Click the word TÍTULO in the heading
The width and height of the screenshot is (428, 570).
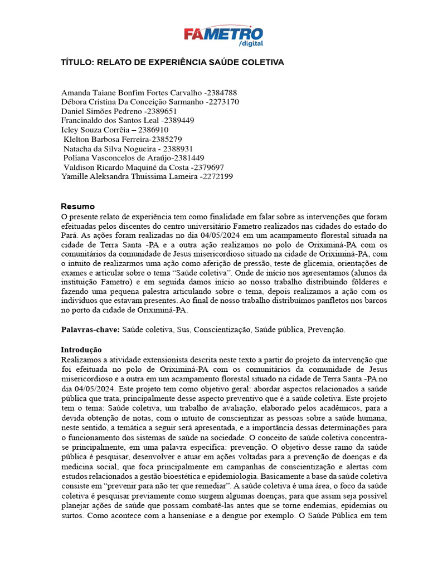pyautogui.click(x=77, y=62)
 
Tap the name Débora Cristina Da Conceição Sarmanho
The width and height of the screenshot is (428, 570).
pyautogui.click(x=132, y=102)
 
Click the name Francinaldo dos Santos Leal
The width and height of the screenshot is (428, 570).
pyautogui.click(x=110, y=120)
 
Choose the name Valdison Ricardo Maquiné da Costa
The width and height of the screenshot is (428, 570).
pyautogui.click(x=126, y=167)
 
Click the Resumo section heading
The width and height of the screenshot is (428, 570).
pyautogui.click(x=78, y=207)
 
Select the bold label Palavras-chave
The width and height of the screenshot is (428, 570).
pyautogui.click(x=90, y=330)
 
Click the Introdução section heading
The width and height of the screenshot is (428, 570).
pyautogui.click(x=81, y=350)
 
